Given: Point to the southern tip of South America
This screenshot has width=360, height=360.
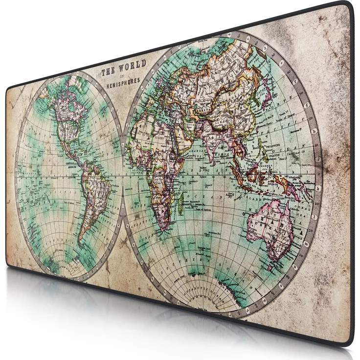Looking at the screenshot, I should click(81, 242).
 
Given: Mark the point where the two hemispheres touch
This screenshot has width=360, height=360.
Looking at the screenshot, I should click(122, 174).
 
